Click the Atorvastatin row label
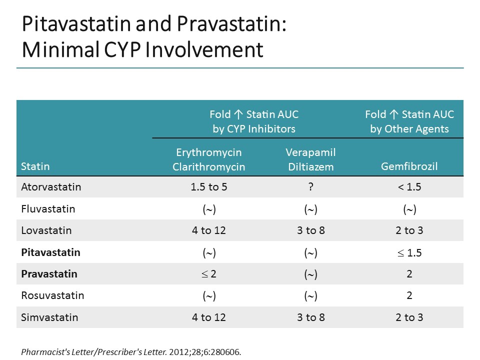coord(51,187)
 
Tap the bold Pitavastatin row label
coord(50,252)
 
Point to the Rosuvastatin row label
coord(52,295)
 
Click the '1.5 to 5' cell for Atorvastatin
coord(209,187)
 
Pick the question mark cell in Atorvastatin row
coord(310,187)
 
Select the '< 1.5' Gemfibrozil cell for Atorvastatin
coord(409,187)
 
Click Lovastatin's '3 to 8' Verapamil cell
coord(310,230)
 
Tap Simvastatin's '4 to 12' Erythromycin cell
coord(209,317)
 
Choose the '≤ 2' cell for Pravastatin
coord(209,274)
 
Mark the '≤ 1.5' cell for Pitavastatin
coord(409,252)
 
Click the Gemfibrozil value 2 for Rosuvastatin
coord(409,295)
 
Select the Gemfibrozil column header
coord(409,166)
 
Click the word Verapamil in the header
coord(310,152)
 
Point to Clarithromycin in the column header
coord(209,166)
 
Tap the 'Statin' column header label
coord(35,166)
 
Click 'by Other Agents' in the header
coord(409,129)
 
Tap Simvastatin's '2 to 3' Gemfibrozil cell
coord(409,317)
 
